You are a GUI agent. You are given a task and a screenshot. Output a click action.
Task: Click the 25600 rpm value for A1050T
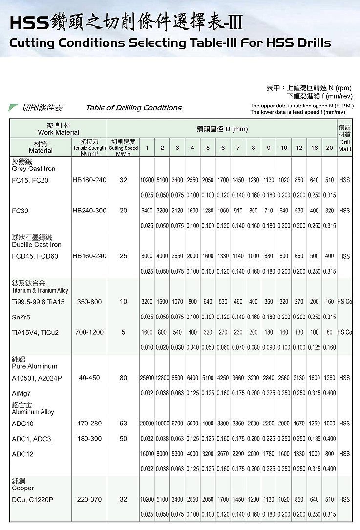147,378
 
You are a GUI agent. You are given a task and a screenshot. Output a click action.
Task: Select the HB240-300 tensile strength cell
89,211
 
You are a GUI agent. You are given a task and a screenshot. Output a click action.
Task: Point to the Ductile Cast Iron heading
37,245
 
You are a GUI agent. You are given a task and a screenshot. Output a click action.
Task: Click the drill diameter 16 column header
314,148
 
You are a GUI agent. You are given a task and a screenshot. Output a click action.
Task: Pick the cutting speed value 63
123,423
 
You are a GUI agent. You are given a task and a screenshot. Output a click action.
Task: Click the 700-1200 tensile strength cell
89,332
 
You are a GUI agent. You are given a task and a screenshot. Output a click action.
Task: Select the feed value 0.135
314,439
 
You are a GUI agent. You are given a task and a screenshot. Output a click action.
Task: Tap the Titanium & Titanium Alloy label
40,290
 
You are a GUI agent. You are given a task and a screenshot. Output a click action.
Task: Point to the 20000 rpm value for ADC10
147,423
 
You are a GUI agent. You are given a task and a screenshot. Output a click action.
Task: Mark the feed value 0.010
147,347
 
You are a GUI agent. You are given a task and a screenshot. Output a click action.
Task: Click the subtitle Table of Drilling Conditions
134,108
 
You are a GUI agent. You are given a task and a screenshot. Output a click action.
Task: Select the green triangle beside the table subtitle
13,107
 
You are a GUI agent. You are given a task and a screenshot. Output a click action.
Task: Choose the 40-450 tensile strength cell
89,378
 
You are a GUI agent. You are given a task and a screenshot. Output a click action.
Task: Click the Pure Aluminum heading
34,366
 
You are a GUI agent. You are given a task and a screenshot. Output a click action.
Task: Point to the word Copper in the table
23,488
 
